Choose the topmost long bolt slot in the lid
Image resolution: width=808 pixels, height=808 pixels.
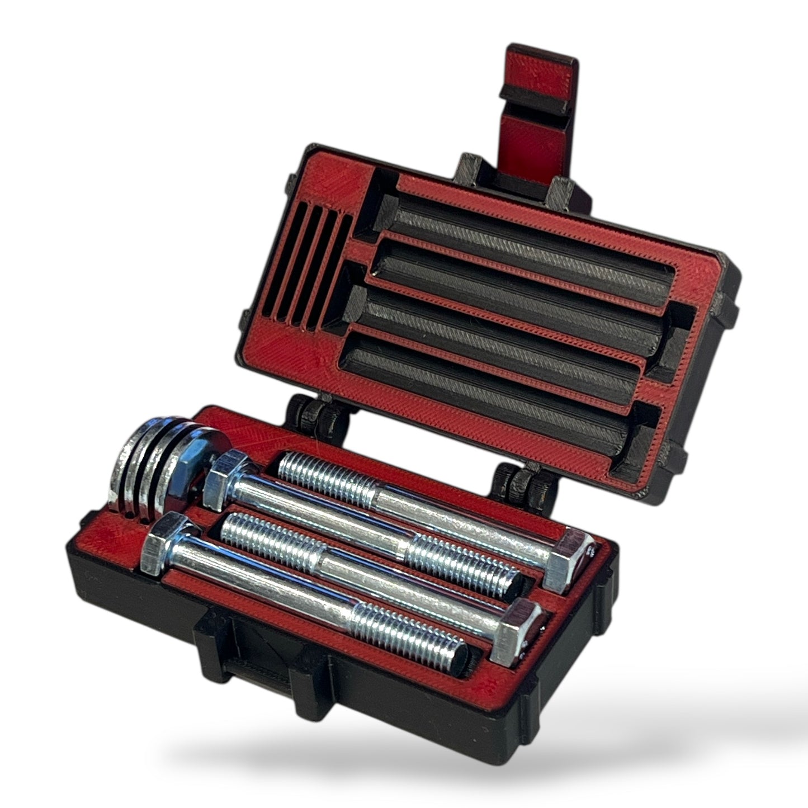click(531, 229)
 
